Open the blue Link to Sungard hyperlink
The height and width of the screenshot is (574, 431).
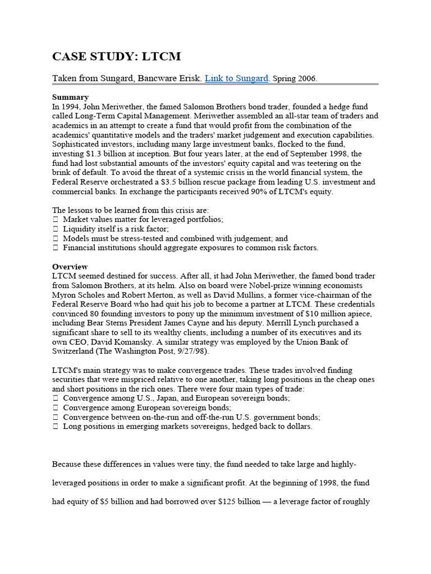click(x=237, y=78)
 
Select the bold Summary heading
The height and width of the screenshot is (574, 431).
click(x=71, y=97)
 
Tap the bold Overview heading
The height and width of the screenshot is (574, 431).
click(x=70, y=267)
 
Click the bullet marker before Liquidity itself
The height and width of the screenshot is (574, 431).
click(x=55, y=229)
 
